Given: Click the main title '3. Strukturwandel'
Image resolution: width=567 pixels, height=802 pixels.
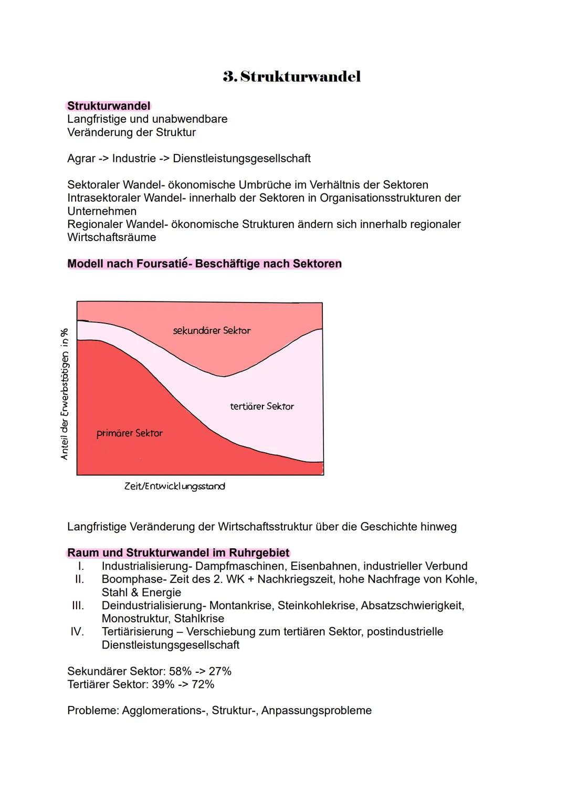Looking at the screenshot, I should pos(292,77).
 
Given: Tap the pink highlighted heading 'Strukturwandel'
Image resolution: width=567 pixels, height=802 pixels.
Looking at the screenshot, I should pos(109,106).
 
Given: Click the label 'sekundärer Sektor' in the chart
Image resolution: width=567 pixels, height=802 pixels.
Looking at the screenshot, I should pos(212,331).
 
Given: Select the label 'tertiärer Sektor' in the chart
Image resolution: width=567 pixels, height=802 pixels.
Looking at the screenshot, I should pos(261,407).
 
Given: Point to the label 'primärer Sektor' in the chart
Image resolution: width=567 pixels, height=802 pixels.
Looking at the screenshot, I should pos(129,433).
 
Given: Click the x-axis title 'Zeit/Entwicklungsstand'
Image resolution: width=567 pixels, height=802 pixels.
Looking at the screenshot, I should pos(174,486).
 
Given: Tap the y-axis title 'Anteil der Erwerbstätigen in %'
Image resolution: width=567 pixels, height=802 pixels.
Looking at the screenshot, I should pos(64,394).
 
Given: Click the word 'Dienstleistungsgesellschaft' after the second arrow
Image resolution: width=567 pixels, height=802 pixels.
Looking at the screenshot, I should pos(241,159).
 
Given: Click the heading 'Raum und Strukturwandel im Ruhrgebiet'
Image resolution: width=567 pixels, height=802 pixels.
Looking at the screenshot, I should pos(178,553).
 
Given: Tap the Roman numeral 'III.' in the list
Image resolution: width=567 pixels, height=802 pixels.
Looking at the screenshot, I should pos(78,606).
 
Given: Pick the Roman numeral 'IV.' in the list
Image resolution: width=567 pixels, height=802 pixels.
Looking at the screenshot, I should pos(77,632).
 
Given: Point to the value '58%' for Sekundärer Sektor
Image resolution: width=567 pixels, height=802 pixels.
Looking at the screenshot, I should pos(180,672).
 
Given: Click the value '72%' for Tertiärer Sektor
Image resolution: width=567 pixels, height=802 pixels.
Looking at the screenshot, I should pos(203,685).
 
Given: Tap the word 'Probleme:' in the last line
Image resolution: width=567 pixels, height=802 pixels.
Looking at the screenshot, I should pos(93,711).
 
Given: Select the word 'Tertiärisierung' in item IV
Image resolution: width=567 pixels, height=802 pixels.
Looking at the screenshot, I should pos(137,632).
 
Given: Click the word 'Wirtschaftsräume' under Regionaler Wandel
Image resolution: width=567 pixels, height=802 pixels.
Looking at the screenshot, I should pos(111,237).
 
